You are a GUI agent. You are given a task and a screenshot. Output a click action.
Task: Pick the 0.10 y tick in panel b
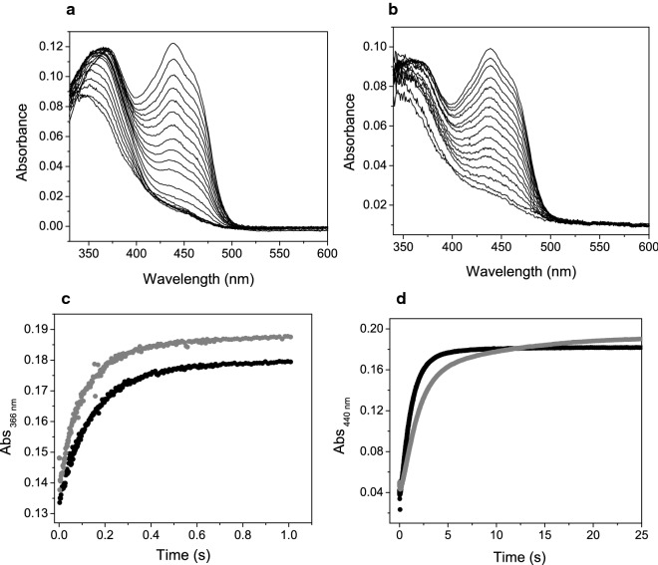coord(373,47)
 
